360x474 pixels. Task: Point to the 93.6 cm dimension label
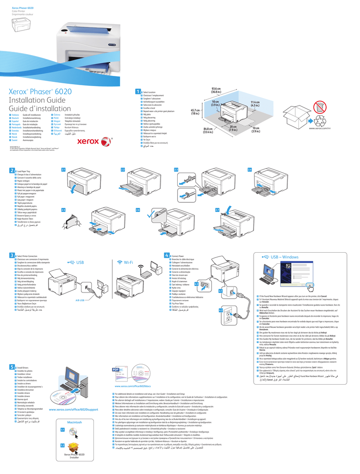coord(216,90)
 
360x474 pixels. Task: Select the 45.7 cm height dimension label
coord(195,112)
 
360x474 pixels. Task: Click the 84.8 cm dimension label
coord(208,131)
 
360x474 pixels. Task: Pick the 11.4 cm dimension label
coord(255,104)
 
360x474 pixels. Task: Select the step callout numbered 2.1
coord(63,170)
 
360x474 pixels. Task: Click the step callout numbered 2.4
coord(249,170)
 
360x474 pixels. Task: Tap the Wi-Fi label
coord(131,263)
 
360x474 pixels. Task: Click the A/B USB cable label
coord(77,300)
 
